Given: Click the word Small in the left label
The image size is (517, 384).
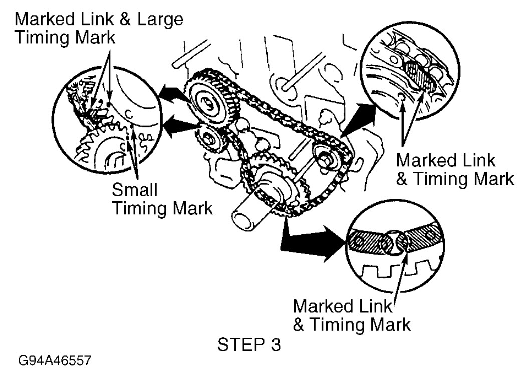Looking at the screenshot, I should (133, 191).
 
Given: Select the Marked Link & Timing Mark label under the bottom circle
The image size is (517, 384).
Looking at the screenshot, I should (351, 315).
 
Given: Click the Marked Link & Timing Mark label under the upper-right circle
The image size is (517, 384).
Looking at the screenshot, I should (454, 170).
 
